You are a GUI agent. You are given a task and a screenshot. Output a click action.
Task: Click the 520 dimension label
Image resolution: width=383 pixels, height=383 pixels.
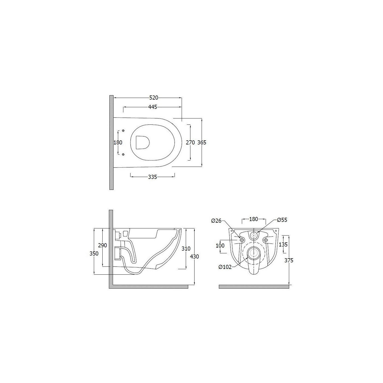tap(154, 98)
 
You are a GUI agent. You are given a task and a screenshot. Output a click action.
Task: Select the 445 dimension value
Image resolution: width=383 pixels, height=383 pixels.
tap(153, 107)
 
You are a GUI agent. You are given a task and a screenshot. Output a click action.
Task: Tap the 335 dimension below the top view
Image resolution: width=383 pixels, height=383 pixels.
tap(153, 177)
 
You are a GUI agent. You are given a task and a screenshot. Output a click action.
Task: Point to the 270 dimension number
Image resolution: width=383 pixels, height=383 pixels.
tap(190, 143)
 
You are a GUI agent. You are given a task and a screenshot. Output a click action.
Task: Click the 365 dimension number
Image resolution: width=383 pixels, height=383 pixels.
tap(202, 143)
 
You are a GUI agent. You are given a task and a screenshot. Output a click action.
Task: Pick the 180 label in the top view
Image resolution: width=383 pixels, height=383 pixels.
tap(118, 143)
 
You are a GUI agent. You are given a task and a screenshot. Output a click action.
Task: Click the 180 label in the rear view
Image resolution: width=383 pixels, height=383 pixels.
tap(254, 219)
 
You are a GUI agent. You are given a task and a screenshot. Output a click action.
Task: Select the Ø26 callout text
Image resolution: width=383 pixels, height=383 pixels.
tap(216, 221)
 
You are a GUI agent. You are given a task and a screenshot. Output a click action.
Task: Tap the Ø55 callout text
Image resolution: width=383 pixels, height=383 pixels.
tap(282, 220)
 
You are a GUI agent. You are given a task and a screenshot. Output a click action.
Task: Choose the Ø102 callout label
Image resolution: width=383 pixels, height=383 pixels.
tap(225, 267)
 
